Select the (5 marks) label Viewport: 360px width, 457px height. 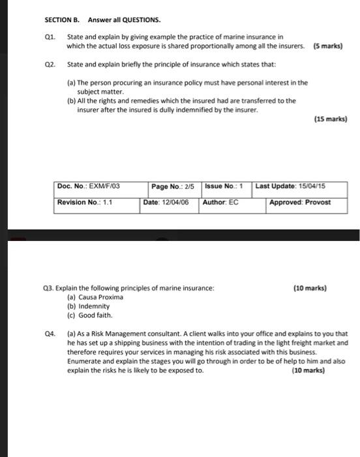328,46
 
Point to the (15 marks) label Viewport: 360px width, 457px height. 331,119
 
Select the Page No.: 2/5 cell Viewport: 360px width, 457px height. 173,187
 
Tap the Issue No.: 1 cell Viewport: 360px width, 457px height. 224,187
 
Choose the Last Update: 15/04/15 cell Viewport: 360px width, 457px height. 290,187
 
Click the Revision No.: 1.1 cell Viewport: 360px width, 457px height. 85,202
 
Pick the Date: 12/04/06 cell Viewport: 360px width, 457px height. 167,202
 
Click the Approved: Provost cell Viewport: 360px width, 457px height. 300,202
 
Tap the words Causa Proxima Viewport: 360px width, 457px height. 100,297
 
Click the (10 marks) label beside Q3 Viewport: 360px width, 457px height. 310,288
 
